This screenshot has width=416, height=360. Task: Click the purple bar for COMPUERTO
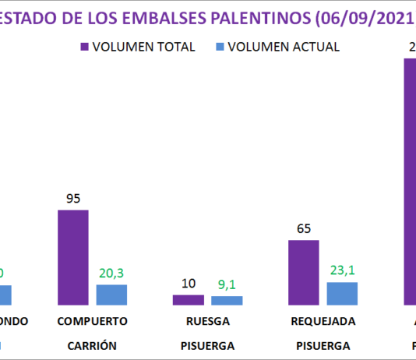point(73,257)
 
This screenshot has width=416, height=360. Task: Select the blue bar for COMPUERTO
point(111,295)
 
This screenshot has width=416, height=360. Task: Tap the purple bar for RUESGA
point(189,299)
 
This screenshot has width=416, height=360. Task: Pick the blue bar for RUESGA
point(227,300)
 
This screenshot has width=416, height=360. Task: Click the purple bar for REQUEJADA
point(304,272)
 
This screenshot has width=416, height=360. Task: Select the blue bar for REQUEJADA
point(342,293)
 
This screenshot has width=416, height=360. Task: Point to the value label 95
point(73,199)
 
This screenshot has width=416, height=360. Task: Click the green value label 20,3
point(111,273)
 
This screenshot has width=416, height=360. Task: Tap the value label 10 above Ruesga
point(189,283)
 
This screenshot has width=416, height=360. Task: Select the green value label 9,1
point(227,284)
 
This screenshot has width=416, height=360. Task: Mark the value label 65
point(304,229)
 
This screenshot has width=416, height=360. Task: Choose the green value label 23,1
point(342,270)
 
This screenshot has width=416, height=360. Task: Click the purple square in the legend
point(84,47)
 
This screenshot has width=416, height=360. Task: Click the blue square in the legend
point(222,47)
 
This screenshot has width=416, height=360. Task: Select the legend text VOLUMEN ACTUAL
point(284,47)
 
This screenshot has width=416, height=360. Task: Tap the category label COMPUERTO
point(92,321)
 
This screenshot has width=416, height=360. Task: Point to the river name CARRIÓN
point(92,345)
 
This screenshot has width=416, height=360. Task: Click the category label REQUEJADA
point(323,321)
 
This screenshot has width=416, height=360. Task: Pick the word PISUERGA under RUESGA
point(207,345)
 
